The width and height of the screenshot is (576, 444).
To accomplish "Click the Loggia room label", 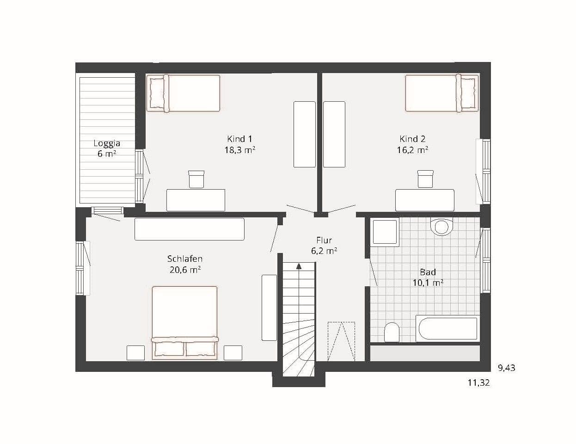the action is coord(107,143).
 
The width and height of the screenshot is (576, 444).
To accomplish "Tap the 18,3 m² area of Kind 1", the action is coord(240,150).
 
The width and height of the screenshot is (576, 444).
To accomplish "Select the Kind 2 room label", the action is coord(412,139).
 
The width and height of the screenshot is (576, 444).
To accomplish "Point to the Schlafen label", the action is coord(185,259).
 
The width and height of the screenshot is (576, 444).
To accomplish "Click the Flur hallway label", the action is coord(324,240).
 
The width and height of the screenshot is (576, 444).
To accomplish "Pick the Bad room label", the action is coord(428,272).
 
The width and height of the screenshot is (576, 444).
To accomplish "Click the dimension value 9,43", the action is coord(507,368).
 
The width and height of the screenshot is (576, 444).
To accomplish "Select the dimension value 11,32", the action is coord(478,383).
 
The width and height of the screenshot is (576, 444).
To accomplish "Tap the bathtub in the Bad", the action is coord(447,329).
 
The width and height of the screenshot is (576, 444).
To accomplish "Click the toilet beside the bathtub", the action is coord(392,333).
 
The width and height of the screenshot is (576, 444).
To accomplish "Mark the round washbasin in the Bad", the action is coord(441,227).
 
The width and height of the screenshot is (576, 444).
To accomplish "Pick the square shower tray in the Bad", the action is coord(386,233).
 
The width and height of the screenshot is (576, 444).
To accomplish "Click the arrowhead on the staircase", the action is coord(299,266).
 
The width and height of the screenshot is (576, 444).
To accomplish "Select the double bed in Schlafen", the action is coord(185,323).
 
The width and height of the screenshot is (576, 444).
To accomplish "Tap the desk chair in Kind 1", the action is coord(196,179).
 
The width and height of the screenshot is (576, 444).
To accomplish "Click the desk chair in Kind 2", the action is coord(425,179).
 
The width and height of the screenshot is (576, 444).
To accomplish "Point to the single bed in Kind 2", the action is coord(442,93).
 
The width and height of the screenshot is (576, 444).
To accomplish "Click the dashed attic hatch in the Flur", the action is coord(341,341).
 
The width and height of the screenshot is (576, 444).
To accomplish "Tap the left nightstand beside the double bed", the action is coord(136,353).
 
